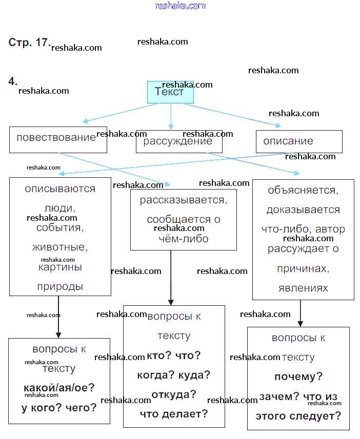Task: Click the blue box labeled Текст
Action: coord(170,93)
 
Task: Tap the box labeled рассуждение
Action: coord(178,142)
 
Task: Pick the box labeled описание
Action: coord(298,141)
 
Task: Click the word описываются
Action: coord(60,189)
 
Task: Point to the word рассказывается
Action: coord(183,200)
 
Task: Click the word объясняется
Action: coord(303,190)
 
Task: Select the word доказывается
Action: coord(303,210)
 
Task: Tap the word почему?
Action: coord(298,377)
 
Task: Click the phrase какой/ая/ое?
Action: coord(59,388)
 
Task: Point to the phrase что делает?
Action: coord(174,414)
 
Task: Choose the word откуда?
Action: coord(174,394)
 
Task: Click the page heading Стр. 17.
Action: coord(29,43)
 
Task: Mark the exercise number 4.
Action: coord(13,81)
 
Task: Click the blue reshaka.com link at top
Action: coord(180,6)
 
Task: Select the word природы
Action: coord(60,286)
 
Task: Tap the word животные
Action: coord(60,247)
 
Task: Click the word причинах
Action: coord(303,268)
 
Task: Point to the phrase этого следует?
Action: coord(298,416)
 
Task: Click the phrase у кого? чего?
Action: coord(59,408)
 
